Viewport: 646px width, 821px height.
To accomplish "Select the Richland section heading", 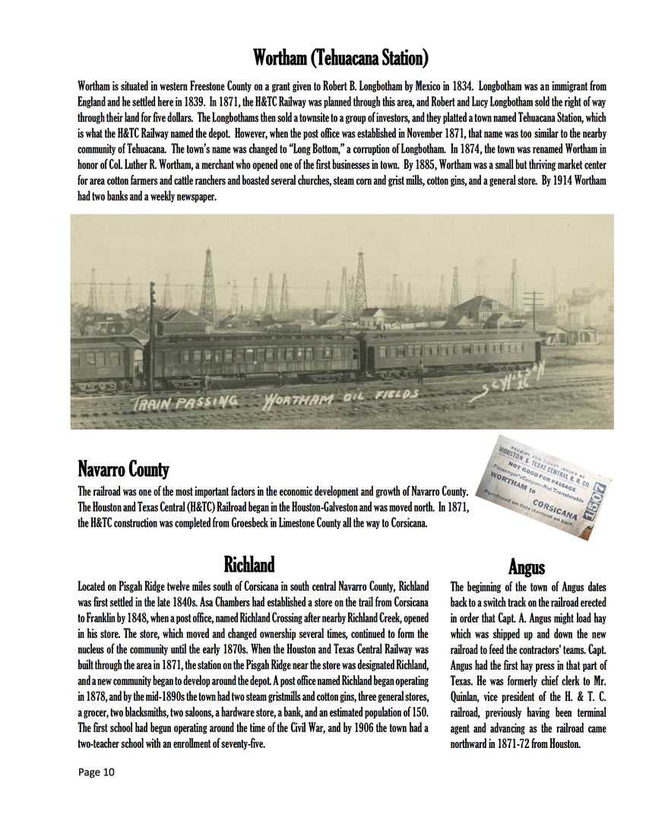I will [x=249, y=564].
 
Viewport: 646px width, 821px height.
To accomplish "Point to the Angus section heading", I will [x=526, y=566].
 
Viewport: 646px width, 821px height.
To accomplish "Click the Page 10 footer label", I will [x=96, y=772].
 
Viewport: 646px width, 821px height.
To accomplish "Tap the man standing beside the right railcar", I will [x=420, y=372].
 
